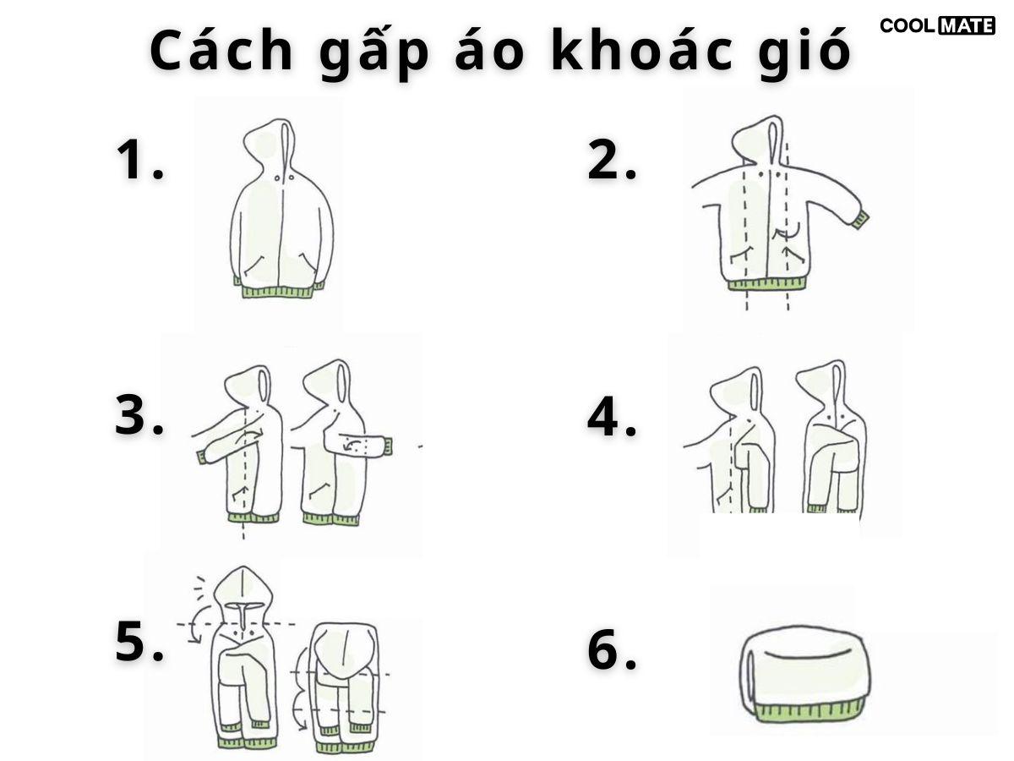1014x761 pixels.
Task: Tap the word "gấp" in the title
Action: click(374, 52)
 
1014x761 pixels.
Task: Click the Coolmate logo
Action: click(937, 25)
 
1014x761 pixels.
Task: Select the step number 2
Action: click(612, 160)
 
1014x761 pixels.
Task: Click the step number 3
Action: click(139, 415)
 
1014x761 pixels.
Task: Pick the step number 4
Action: click(612, 416)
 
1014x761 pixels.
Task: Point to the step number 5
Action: click(139, 642)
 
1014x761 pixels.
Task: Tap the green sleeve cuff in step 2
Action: click(860, 220)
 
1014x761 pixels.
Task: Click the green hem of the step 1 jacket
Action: click(279, 290)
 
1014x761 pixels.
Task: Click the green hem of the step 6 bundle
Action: click(810, 712)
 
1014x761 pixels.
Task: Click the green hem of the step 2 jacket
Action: click(767, 284)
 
